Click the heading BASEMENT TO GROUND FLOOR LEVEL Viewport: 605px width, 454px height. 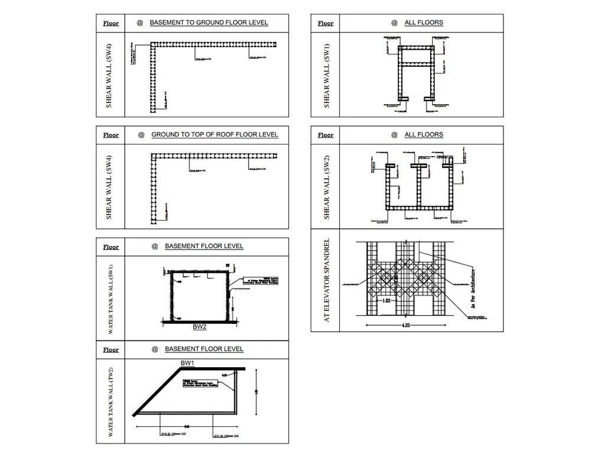tap(209, 23)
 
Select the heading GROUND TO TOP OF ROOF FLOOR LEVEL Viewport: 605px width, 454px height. tap(214, 135)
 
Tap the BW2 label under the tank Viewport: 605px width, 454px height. tap(200, 326)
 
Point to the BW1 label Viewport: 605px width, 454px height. tap(188, 362)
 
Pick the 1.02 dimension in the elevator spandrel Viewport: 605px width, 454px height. tap(386, 300)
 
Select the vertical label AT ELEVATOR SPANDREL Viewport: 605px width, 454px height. tap(326, 280)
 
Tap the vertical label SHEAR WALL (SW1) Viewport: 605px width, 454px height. tap(326, 75)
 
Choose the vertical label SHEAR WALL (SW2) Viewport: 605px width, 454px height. tap(326, 187)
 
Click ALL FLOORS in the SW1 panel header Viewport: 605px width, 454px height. tap(424, 23)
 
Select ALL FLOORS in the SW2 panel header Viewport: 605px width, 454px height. tap(424, 135)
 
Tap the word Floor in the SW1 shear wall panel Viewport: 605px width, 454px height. tap(326, 24)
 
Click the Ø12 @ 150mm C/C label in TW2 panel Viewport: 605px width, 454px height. tap(225, 436)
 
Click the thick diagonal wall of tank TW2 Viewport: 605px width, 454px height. tap(157, 390)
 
